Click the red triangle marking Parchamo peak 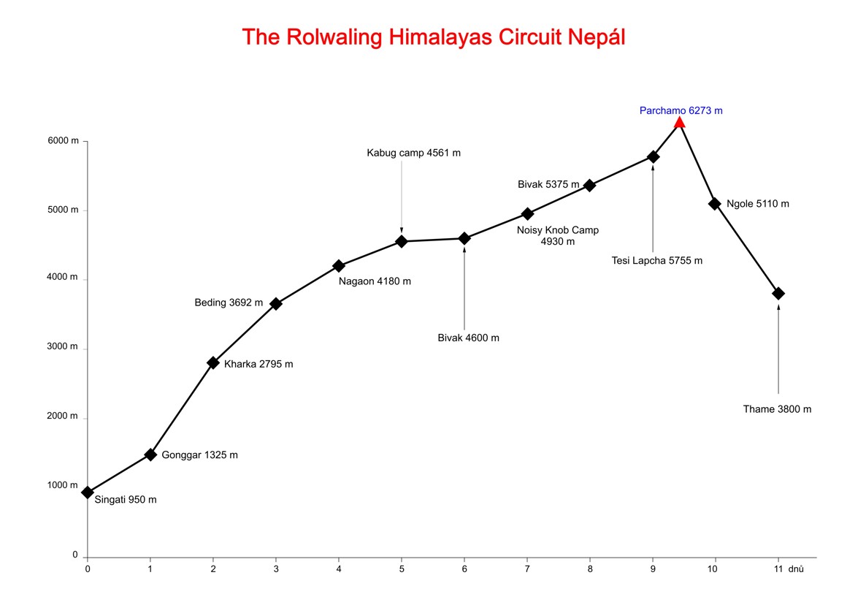(679, 122)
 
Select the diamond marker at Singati (88, 493)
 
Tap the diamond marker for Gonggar (150, 455)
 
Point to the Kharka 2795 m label (258, 364)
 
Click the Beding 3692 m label (229, 303)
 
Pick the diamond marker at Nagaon (339, 266)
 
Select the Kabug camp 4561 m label (414, 153)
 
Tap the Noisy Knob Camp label (557, 235)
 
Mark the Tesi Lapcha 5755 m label (657, 261)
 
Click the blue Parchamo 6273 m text (681, 110)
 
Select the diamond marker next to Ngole (715, 203)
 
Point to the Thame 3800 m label (777, 409)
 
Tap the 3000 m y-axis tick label (63, 346)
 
